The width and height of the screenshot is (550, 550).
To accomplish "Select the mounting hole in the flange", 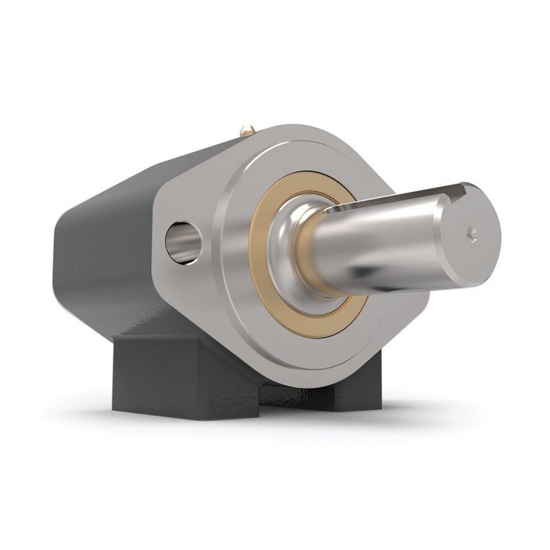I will [184, 242].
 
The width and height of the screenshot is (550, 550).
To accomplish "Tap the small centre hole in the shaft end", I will [472, 234].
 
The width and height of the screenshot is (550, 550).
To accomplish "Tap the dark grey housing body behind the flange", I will [103, 254].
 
